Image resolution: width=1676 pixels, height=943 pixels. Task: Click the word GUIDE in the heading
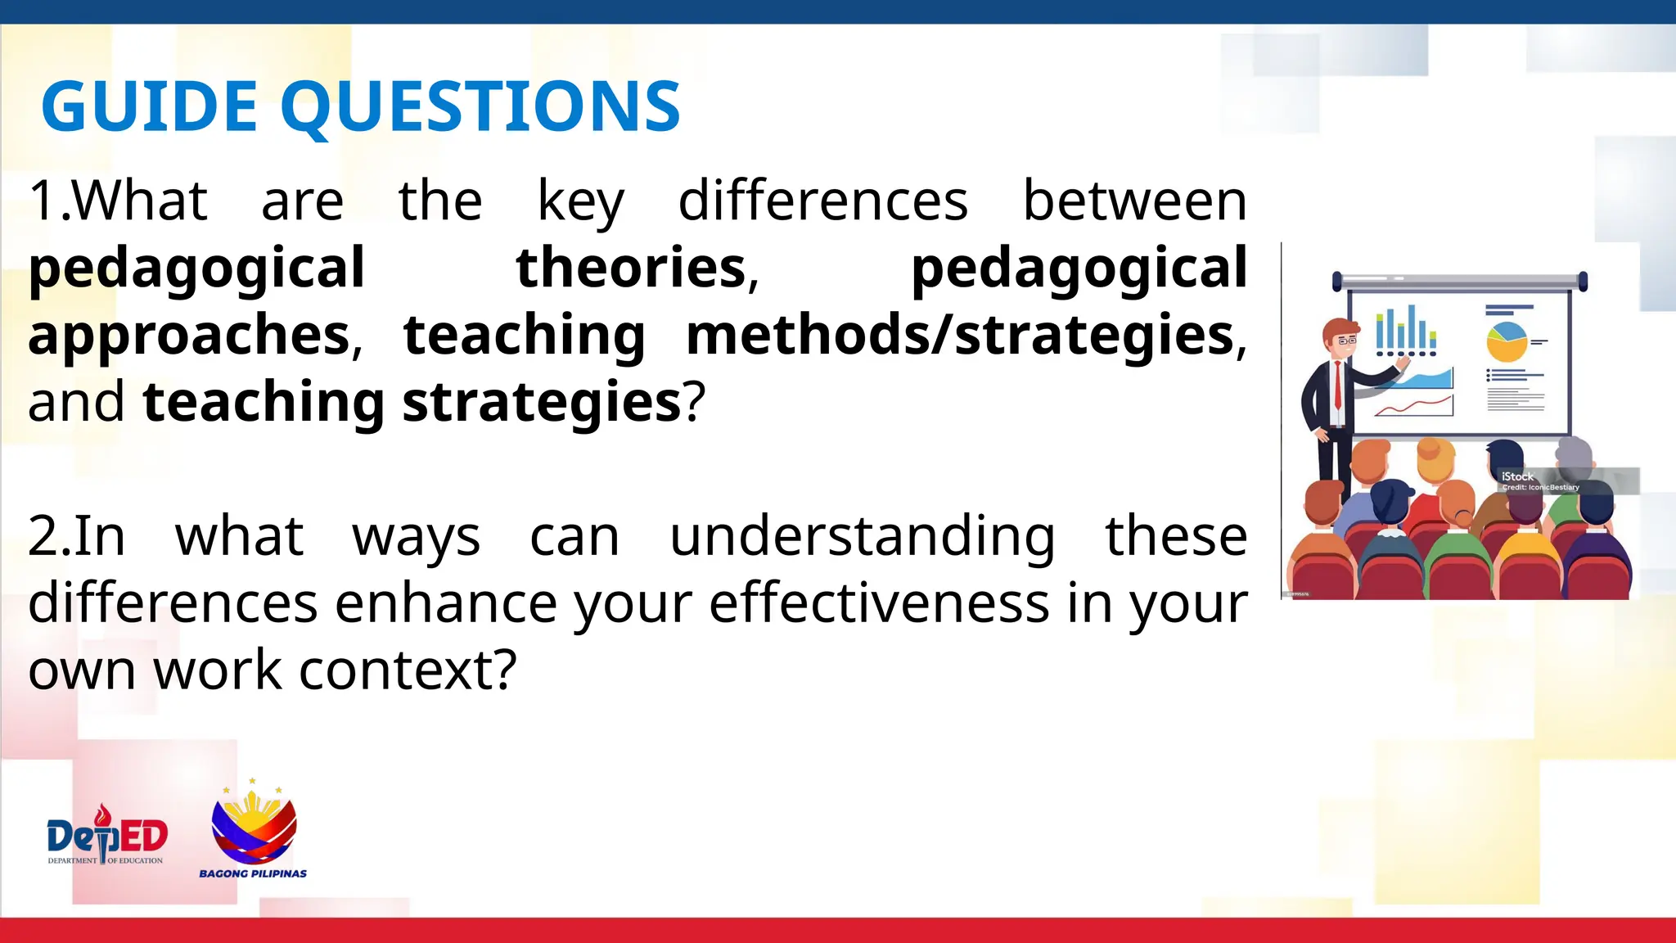(x=149, y=106)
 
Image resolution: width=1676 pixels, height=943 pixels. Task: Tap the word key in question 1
(x=580, y=201)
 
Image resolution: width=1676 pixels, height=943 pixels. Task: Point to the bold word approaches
(x=190, y=336)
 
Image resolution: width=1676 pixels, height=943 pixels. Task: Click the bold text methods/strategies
(x=960, y=335)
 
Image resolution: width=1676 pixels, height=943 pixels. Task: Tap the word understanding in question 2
(x=863, y=536)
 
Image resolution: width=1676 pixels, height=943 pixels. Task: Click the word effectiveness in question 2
(x=879, y=603)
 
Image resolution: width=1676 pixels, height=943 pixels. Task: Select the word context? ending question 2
(x=408, y=670)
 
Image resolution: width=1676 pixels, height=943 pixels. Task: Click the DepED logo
(x=106, y=837)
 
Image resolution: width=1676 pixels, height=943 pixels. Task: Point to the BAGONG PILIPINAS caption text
(x=253, y=873)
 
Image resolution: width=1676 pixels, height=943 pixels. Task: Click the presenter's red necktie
(x=1337, y=384)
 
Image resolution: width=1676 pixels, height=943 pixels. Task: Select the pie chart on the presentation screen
(x=1507, y=341)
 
